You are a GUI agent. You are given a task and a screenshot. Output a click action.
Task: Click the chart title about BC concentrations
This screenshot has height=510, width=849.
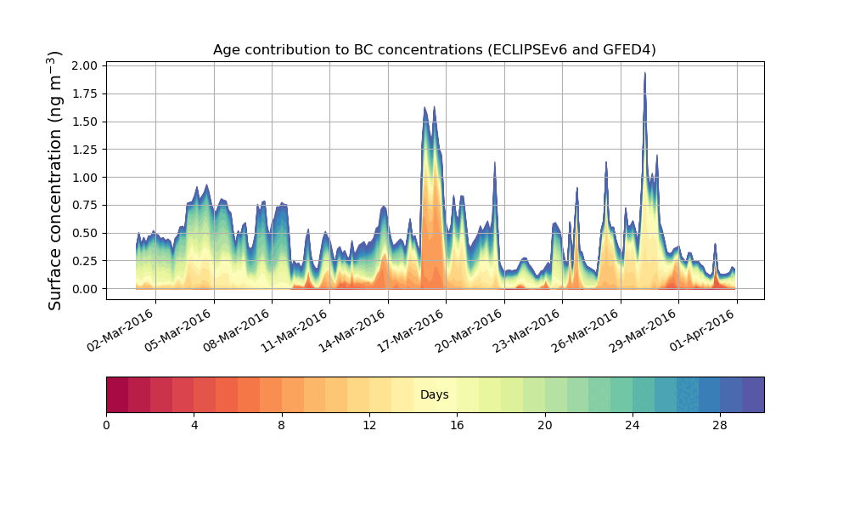434,50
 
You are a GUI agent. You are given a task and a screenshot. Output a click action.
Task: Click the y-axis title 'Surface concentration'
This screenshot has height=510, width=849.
55,180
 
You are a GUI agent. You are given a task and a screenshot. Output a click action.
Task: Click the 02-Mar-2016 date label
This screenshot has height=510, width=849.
121,330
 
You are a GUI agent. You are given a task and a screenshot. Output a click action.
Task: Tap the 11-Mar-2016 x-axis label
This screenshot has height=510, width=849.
295,330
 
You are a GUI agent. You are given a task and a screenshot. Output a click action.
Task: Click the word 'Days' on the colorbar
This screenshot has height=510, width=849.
434,395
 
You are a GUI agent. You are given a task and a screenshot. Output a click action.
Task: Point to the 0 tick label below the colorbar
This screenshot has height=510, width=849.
106,424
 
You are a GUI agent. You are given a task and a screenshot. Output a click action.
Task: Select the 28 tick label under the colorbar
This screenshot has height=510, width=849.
720,424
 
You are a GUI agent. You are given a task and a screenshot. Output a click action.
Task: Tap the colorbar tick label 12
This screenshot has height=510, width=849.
369,424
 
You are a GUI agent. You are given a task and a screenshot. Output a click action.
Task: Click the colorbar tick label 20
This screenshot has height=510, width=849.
544,424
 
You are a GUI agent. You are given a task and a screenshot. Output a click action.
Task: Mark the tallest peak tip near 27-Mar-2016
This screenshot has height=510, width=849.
645,73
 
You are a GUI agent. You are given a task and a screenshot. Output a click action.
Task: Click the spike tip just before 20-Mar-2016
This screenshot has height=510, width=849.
495,162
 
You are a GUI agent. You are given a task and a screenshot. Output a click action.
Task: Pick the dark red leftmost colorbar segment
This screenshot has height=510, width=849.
117,394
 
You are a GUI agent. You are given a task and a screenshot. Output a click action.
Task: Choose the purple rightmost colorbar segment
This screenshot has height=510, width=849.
753,394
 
